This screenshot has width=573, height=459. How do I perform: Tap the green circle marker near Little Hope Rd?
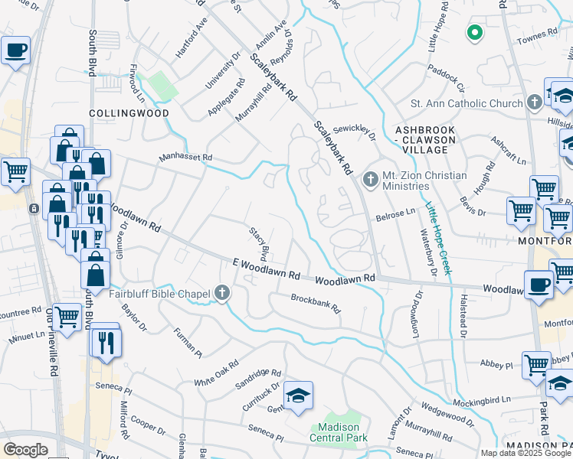click(474, 33)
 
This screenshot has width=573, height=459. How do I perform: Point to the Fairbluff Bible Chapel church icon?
click(222, 293)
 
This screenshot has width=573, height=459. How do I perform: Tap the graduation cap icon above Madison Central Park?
click(298, 395)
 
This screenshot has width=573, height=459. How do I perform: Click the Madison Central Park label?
click(339, 432)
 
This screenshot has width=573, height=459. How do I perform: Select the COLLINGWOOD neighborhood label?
click(129, 112)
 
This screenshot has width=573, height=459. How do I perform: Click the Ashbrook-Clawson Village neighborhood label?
click(424, 135)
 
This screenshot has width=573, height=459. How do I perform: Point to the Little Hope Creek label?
click(439, 238)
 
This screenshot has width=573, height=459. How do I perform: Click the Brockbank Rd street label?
click(315, 304)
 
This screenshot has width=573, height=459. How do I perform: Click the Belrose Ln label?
click(395, 218)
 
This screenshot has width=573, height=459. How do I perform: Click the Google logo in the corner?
click(25, 450)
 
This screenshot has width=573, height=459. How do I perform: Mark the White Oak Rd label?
click(216, 375)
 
